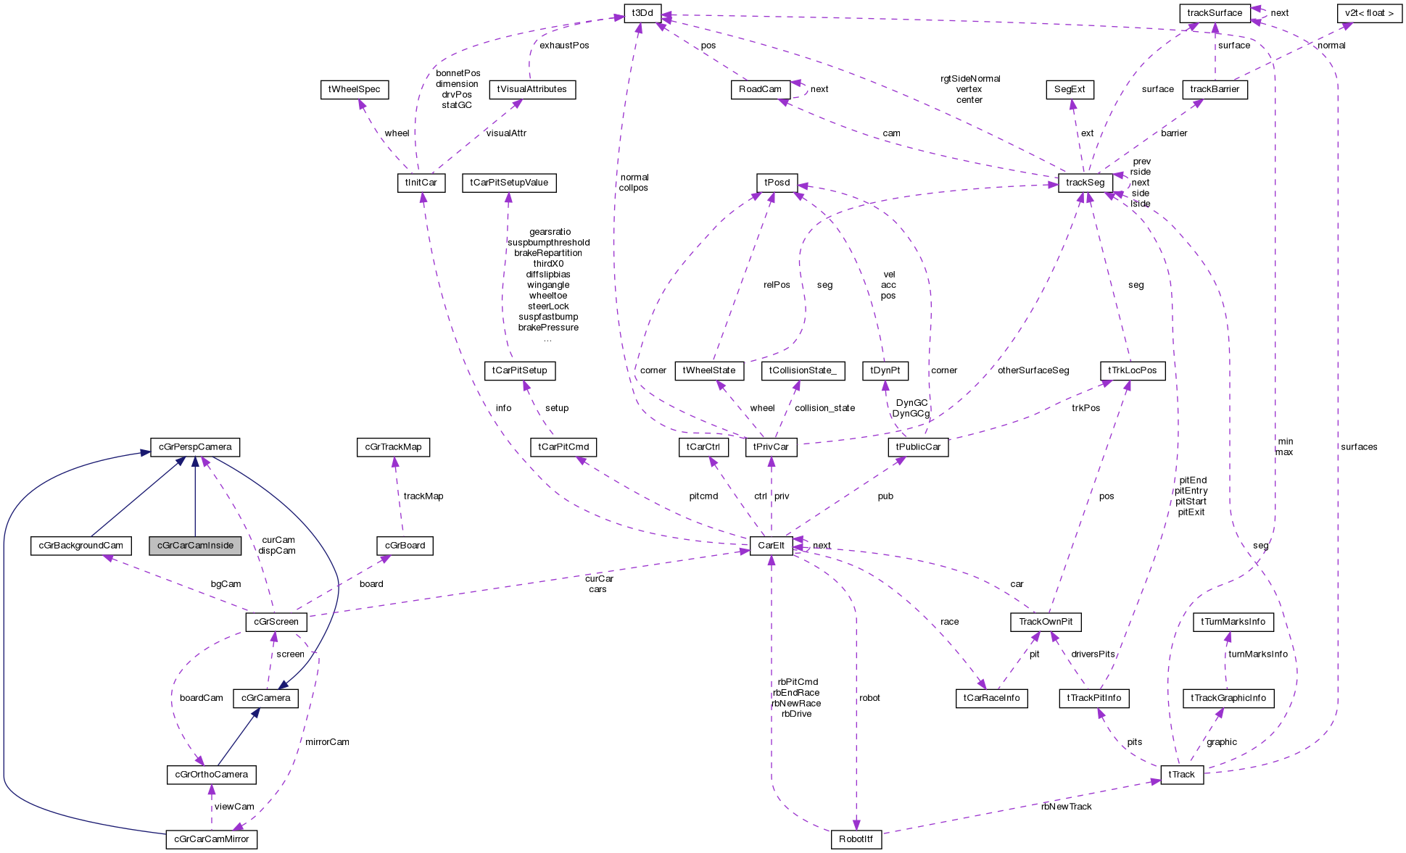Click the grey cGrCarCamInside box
point(195,546)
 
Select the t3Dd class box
point(642,13)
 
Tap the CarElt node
point(771,546)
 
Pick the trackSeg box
point(1085,183)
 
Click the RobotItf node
point(856,839)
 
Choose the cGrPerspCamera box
point(195,447)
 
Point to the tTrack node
point(1181,775)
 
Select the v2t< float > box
point(1369,13)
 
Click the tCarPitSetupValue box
point(509,183)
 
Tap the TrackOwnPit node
point(1045,622)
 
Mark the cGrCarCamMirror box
point(211,839)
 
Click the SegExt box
point(1070,90)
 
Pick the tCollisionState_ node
point(803,370)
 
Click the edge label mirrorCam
point(327,742)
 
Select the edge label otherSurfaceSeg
point(1033,370)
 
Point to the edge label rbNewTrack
point(1065,807)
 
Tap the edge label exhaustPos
point(564,45)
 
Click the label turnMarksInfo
point(1257,654)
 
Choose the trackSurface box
point(1214,13)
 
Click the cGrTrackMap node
point(393,447)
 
